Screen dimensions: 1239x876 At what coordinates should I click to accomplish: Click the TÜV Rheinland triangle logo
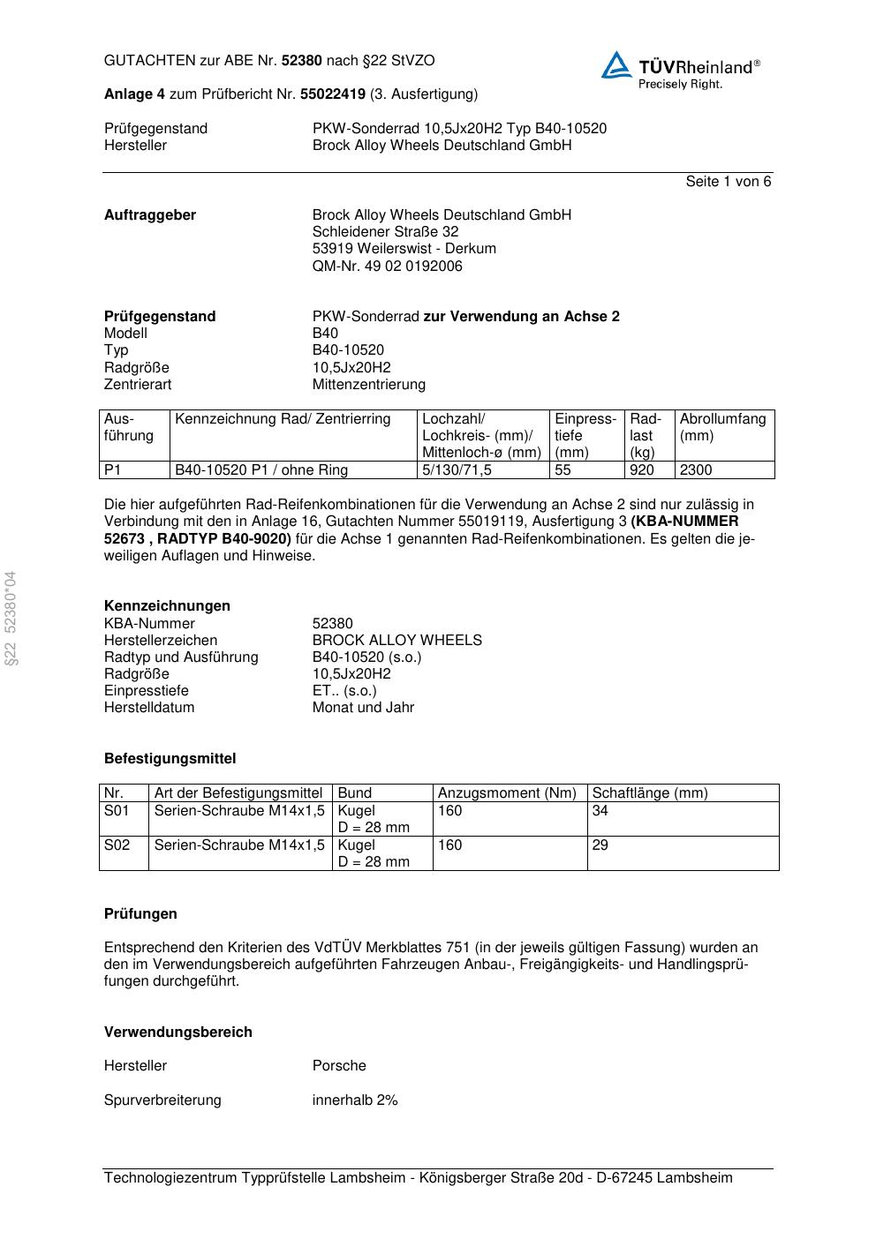616,65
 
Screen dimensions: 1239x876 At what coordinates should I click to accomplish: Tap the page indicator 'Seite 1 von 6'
728,182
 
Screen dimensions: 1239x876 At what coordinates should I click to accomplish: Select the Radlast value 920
642,470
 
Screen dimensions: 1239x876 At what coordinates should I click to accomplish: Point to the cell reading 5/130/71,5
457,470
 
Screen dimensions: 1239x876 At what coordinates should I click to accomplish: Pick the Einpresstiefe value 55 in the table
563,470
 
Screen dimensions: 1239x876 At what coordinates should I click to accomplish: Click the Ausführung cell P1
113,470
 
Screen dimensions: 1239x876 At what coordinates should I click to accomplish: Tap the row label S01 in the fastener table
117,811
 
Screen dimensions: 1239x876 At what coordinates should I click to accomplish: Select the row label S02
117,845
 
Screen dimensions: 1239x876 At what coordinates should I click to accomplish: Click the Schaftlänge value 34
600,811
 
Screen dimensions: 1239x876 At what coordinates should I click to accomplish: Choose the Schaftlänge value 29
600,845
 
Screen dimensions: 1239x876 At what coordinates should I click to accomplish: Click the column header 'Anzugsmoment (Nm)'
507,793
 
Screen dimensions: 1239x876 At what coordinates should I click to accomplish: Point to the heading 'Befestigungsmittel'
170,759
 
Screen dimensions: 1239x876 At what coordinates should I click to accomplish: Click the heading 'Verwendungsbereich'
178,1032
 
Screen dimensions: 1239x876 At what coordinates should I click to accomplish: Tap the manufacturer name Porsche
339,1066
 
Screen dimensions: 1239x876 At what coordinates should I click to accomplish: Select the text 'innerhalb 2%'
355,1100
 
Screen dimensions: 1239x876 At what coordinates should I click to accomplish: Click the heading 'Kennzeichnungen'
167,606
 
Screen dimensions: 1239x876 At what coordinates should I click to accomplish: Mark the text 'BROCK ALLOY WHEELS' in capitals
397,641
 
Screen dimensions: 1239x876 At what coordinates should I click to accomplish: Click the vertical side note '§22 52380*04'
11,619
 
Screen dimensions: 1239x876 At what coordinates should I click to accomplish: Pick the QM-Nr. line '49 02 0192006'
388,267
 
